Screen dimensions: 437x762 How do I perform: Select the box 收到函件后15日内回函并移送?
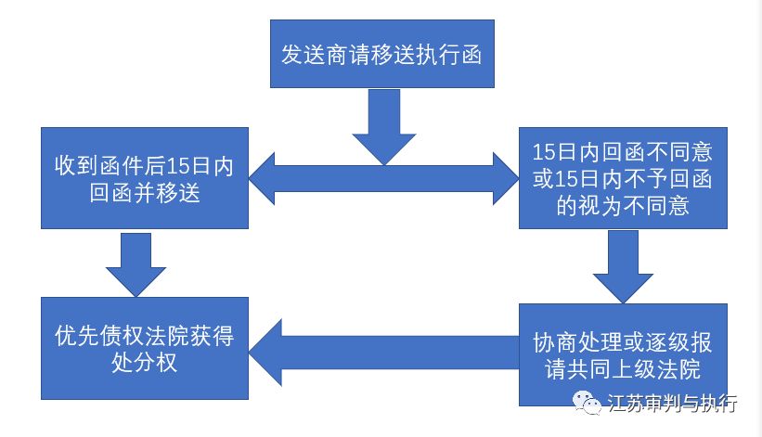pyautogui.click(x=143, y=178)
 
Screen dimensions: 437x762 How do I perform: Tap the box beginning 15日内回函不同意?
pyautogui.click(x=623, y=178)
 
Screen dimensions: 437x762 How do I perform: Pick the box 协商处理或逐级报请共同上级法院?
pyautogui.click(x=623, y=354)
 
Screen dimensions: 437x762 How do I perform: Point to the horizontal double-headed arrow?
pyautogui.click(x=382, y=179)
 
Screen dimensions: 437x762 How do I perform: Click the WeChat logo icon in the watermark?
pyautogui.click(x=585, y=403)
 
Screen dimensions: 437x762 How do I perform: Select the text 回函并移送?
pyautogui.click(x=143, y=193)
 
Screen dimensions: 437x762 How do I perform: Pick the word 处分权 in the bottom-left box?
pyautogui.click(x=143, y=363)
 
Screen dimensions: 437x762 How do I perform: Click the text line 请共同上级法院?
pyautogui.click(x=623, y=368)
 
